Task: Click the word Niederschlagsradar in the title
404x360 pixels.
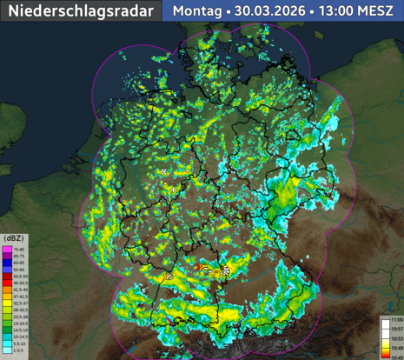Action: (80, 11)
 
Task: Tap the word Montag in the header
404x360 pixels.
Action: (196, 11)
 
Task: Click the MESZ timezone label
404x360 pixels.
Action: (379, 11)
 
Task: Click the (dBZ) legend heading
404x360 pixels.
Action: (14, 237)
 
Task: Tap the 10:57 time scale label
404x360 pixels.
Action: (395, 330)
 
